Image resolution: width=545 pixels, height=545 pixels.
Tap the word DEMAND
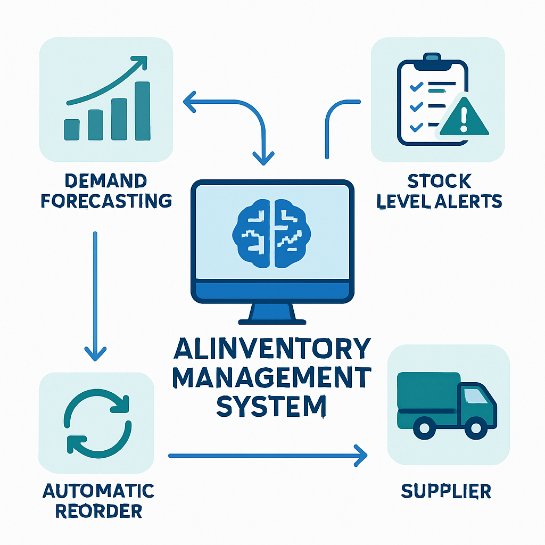point(106,181)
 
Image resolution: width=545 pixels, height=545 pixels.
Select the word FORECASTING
point(106,201)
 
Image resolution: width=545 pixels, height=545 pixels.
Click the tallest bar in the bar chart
point(143,110)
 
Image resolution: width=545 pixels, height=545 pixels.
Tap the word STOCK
point(439,181)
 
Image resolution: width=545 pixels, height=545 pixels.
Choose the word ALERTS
point(472,201)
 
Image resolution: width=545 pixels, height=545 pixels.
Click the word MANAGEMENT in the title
point(272,378)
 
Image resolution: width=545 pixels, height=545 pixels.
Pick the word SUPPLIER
point(447,491)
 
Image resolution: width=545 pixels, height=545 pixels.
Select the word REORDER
point(99,511)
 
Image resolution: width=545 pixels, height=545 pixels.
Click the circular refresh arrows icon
point(97,422)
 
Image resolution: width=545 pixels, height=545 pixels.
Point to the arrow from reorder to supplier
point(266,456)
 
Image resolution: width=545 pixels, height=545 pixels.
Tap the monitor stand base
point(272,321)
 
